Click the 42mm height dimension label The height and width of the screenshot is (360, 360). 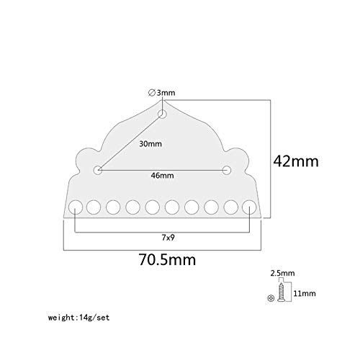click(x=296, y=161)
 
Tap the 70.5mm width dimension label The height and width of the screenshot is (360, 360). click(x=167, y=260)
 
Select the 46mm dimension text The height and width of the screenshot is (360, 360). click(x=162, y=176)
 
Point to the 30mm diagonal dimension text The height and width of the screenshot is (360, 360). click(x=150, y=144)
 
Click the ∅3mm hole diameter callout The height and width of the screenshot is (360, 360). click(x=162, y=93)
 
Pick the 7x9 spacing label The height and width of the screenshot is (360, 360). click(x=168, y=238)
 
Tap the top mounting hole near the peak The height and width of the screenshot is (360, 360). click(x=163, y=114)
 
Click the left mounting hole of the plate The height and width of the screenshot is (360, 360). click(x=98, y=170)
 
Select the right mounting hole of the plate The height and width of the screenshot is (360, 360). click(x=227, y=170)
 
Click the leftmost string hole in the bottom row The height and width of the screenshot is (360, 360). click(x=76, y=207)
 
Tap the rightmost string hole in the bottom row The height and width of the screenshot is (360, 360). click(x=249, y=207)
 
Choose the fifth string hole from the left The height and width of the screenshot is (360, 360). click(x=153, y=207)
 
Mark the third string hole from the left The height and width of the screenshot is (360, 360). click(x=113, y=207)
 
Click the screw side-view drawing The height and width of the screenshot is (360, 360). click(x=280, y=292)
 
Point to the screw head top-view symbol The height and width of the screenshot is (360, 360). click(x=271, y=298)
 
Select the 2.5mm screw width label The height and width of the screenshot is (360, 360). click(x=282, y=273)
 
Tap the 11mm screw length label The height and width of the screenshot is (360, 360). click(x=305, y=293)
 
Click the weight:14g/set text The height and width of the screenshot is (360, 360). click(x=79, y=318)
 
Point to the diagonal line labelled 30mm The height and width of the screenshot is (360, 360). click(x=130, y=142)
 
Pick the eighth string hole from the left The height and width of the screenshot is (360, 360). click(x=212, y=207)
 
